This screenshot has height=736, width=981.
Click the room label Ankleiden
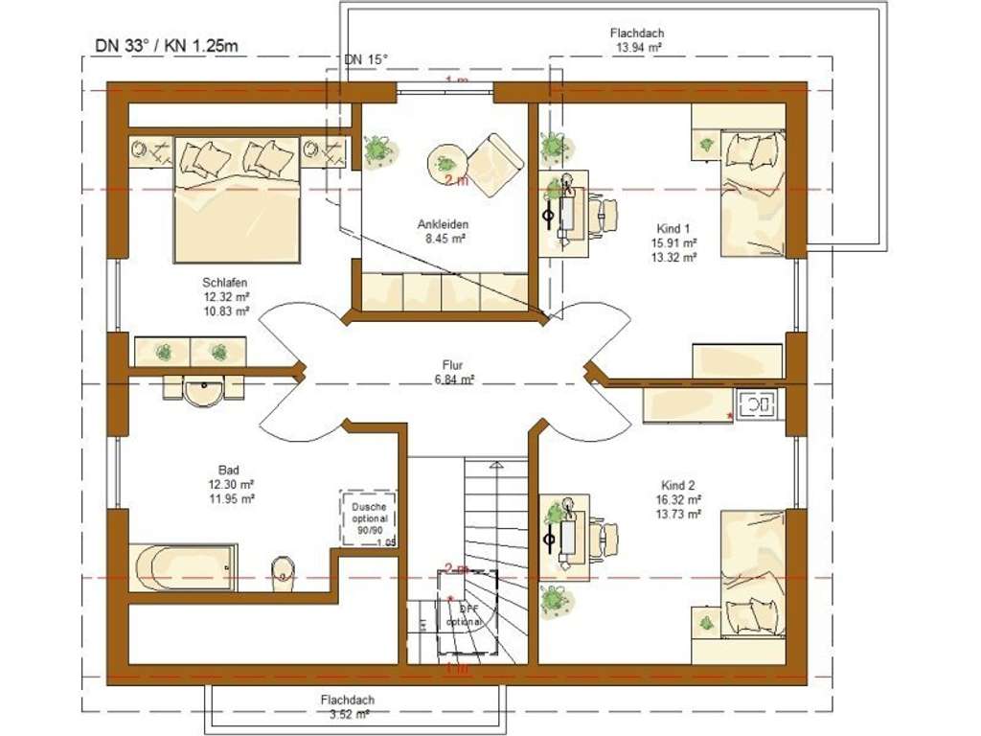coord(442,225)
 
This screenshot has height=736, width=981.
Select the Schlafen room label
coord(225,283)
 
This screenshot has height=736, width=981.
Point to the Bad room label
coord(229,471)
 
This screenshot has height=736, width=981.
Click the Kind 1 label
coord(672,229)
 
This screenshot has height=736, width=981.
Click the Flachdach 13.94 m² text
coord(637,34)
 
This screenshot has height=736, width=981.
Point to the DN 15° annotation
coord(367,60)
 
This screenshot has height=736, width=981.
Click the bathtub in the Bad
coord(183,568)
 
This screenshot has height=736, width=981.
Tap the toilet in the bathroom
coord(283,568)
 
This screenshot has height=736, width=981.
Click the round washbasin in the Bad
coord(202,392)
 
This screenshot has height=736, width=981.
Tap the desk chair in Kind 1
coord(604,214)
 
